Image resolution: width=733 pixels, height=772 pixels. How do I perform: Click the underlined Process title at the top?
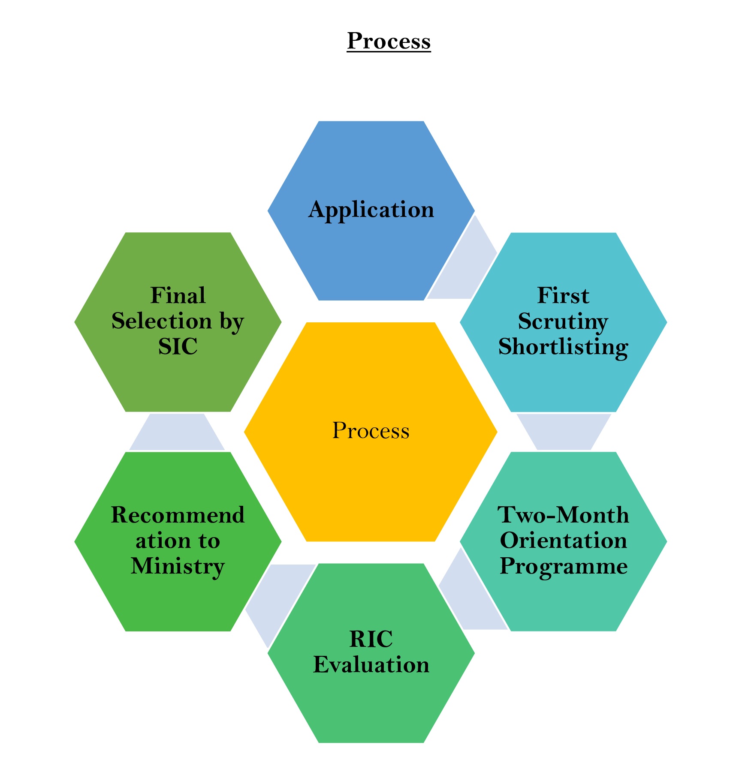coord(388,41)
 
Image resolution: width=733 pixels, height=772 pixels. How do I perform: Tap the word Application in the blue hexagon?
coord(371,210)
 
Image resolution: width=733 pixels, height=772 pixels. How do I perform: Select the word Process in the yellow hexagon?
coord(371,430)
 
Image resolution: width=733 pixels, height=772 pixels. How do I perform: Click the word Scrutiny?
coord(563,321)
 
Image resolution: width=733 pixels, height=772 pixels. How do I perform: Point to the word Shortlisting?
coord(563,347)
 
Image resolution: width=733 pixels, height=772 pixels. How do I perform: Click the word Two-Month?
coord(563,515)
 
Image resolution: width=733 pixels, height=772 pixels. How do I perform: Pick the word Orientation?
coord(563,541)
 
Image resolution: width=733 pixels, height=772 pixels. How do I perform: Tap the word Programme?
coord(563,566)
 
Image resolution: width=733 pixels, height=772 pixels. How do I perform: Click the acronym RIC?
coord(371,639)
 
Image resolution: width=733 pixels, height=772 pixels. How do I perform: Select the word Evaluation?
coord(371,665)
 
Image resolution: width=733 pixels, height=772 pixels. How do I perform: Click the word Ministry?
coord(178,566)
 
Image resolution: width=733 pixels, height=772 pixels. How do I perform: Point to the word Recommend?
coord(178,515)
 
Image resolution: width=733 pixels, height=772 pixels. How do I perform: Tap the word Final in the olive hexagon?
coord(178,296)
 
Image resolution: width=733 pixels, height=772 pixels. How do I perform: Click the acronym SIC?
coord(178,347)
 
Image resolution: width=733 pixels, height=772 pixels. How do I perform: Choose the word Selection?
coord(162,321)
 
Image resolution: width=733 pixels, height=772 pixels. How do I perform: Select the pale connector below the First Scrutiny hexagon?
coord(563,431)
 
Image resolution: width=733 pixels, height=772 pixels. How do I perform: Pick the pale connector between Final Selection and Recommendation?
coord(177,432)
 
